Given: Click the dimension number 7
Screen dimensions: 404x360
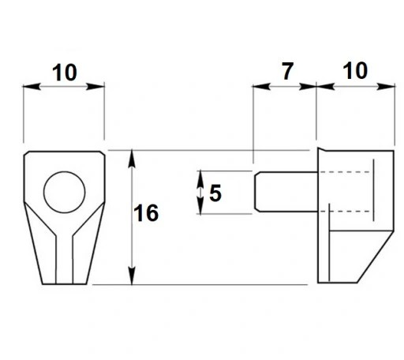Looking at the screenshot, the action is pos(287,71).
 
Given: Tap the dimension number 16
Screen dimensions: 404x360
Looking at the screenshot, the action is pos(146,212).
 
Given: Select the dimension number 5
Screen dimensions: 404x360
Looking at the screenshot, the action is pos(215,193).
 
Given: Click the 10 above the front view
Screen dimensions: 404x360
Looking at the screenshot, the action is pos(65,73).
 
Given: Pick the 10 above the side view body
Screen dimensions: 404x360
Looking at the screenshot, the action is pos(355,70).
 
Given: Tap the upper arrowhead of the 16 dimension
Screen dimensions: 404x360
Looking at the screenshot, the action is pos(132,159).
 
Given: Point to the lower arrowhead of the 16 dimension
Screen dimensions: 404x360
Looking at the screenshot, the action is pos(132,276).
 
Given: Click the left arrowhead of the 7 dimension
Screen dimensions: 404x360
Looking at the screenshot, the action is pos(261,86).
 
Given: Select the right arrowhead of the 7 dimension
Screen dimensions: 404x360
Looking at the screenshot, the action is pos(307,86).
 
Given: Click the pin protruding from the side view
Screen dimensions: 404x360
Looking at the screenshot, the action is pos(286,192).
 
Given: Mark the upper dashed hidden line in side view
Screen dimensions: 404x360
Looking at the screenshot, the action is pos(346,172).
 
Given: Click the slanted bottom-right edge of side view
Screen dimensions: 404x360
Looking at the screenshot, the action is pos(376,257).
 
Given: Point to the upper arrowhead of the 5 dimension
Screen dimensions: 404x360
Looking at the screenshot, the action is pos(200,179).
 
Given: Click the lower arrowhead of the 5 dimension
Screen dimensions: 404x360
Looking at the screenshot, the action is pos(200,205).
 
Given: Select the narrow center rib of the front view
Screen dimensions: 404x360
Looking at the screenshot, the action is pos(64,259).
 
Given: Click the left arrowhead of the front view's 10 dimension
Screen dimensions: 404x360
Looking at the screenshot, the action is pos(32,86).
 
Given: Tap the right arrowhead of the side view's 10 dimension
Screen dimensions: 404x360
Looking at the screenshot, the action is pos(386,86).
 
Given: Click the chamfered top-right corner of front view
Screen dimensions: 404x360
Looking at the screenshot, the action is pos(103,153).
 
